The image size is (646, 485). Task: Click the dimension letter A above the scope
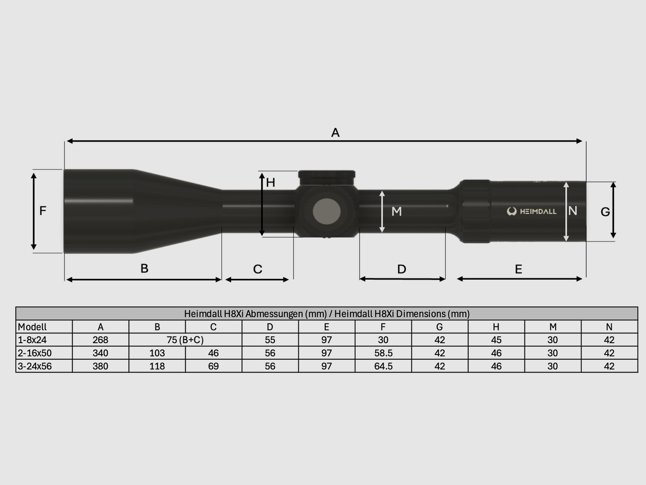[x=335, y=133]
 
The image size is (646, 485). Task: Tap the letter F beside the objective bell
[x=43, y=211]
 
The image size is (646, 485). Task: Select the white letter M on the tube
[x=396, y=211]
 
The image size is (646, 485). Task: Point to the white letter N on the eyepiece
[x=573, y=211]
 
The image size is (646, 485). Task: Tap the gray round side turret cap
[x=326, y=211]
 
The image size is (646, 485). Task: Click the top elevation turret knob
[x=327, y=176]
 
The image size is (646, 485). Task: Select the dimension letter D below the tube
[x=401, y=269]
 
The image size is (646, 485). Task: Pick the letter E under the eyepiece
[x=518, y=269]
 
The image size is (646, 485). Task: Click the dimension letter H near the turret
[x=271, y=183]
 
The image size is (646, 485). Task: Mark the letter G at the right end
[x=605, y=212]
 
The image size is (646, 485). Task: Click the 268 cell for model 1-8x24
[x=100, y=340]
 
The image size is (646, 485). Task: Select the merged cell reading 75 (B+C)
[x=185, y=340]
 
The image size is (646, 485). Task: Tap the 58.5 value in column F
[x=383, y=353]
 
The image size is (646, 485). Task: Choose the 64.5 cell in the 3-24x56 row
[x=383, y=366]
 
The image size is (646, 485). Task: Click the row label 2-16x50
[x=35, y=353]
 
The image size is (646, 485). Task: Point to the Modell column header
[x=32, y=327]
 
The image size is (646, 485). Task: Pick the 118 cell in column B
[x=157, y=366]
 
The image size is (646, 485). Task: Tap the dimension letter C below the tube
[x=258, y=269]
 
